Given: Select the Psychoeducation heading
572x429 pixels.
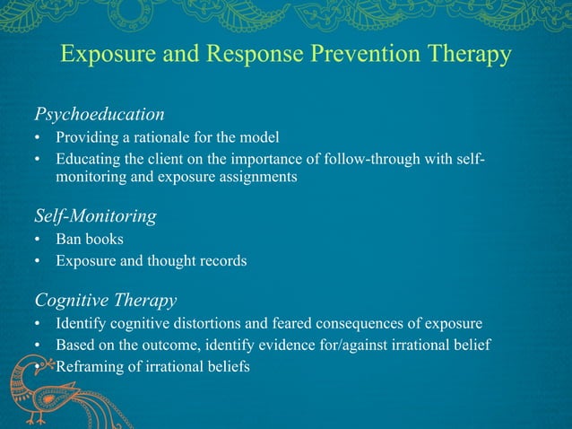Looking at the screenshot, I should [x=100, y=115].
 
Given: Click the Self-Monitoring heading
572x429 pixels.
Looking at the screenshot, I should [x=96, y=216].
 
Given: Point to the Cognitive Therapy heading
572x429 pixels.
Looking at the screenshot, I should [x=105, y=299].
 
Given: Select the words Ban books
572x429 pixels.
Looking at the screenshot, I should [x=87, y=241].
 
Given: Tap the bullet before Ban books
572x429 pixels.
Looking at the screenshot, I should [x=38, y=241].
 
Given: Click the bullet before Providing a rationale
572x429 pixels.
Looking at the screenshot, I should [x=38, y=138].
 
